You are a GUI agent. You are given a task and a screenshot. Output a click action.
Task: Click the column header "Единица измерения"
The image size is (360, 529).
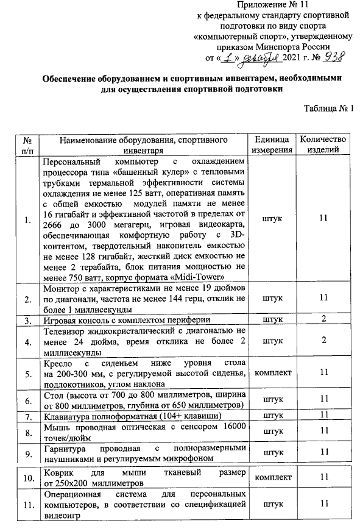pyautogui.click(x=272, y=144)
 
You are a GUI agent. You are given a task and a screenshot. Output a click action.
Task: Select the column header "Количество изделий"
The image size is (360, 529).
pyautogui.click(x=323, y=144)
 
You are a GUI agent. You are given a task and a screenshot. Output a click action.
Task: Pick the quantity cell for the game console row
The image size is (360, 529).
pyautogui.click(x=323, y=319)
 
